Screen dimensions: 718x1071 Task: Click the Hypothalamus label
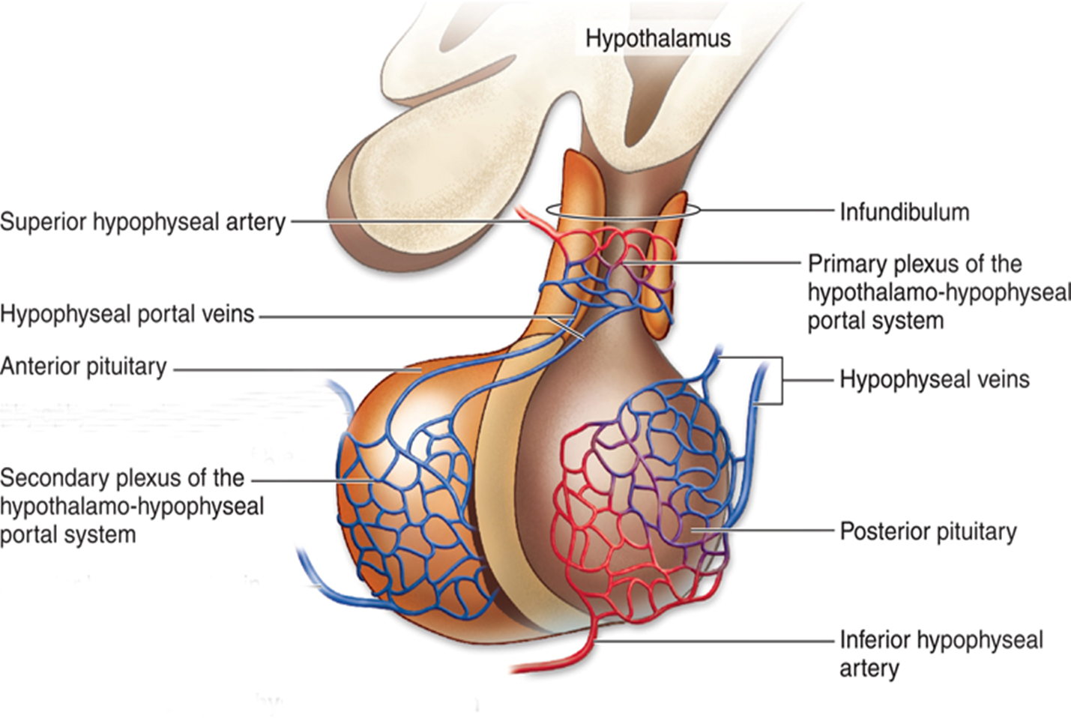(x=657, y=37)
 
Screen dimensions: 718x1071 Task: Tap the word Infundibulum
(x=904, y=212)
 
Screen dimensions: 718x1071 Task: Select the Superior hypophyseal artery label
(x=142, y=222)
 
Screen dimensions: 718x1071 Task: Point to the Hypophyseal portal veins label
(x=127, y=313)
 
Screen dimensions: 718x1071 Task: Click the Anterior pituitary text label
(x=83, y=366)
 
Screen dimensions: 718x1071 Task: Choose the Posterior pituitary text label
(x=928, y=531)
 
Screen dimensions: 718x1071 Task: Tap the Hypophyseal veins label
(x=934, y=379)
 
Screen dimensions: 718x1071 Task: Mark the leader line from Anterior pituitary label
(x=292, y=369)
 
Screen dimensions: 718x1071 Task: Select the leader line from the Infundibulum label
(x=764, y=211)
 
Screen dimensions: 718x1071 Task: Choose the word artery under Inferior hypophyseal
(x=869, y=668)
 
